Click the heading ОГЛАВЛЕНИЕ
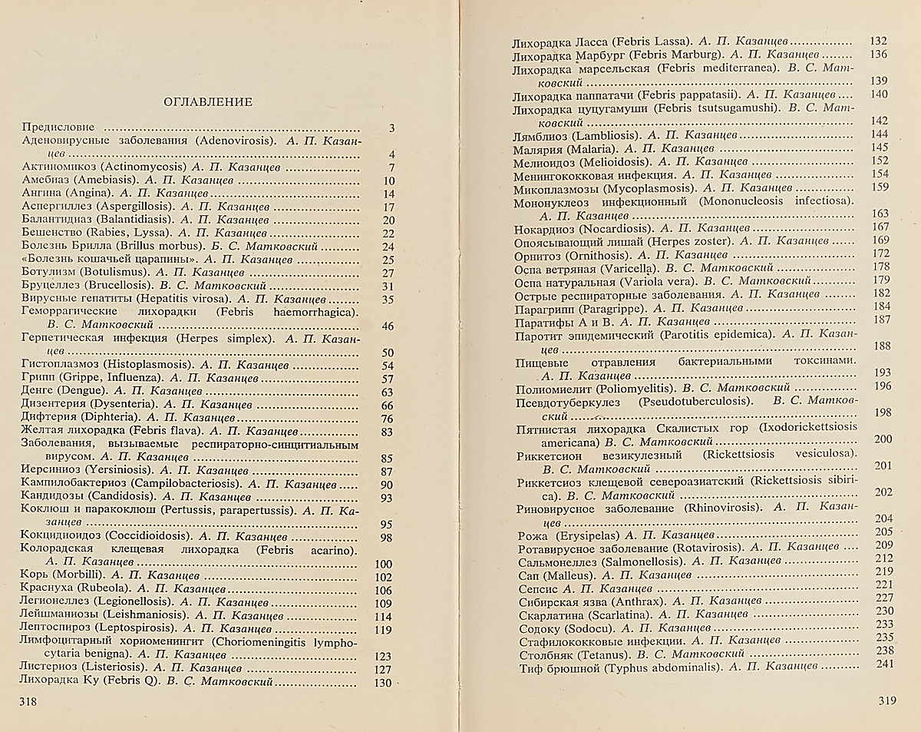tap(209, 101)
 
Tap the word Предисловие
tap(58, 128)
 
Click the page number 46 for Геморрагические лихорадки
tap(387, 326)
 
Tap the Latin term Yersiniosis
tap(123, 472)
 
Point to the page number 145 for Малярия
tap(880, 148)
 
